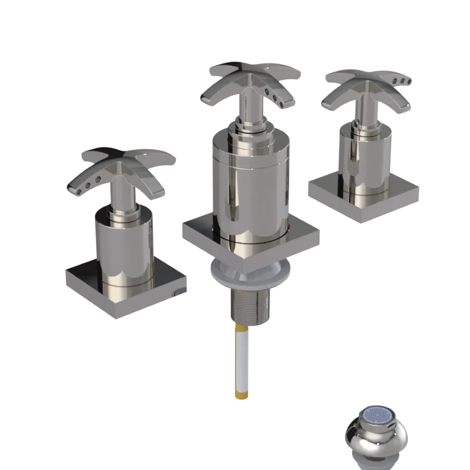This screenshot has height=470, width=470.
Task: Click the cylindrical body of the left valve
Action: point(125,249)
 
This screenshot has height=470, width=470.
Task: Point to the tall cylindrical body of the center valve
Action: point(249,188)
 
